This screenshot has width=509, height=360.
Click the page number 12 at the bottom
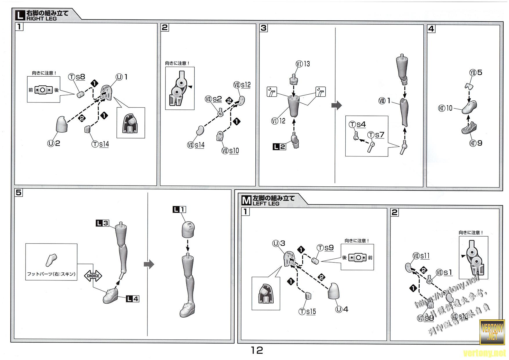pos(257,350)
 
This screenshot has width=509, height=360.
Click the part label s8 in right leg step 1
pos(80,77)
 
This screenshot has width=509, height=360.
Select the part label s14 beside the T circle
pos(104,144)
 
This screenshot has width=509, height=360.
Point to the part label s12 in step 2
pos(246,85)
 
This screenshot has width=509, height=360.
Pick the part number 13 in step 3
pos(307,64)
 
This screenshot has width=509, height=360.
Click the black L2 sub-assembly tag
pos(279,147)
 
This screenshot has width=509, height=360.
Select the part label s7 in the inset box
pos(380,135)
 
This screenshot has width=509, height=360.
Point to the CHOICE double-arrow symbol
pos(93,276)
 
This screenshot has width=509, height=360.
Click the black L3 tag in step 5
pos(102,223)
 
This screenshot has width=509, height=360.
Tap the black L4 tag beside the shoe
pos(132,299)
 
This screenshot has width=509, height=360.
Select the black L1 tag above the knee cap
pos(179,209)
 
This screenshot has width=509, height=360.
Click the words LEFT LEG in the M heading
pos(266,204)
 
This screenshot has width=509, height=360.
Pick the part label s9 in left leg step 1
pos(329,248)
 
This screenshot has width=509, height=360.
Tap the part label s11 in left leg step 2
pos(425,256)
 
